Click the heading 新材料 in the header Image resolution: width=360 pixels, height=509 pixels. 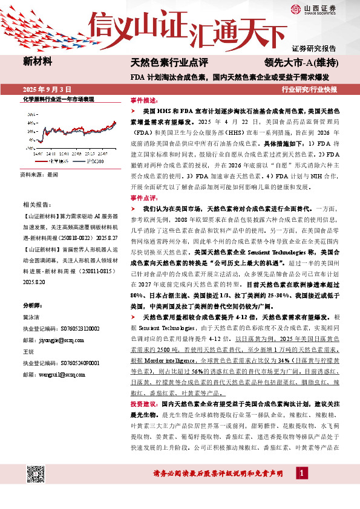38,61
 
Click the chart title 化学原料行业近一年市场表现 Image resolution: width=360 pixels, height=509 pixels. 58,99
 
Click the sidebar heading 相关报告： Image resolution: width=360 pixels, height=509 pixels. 36,205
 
